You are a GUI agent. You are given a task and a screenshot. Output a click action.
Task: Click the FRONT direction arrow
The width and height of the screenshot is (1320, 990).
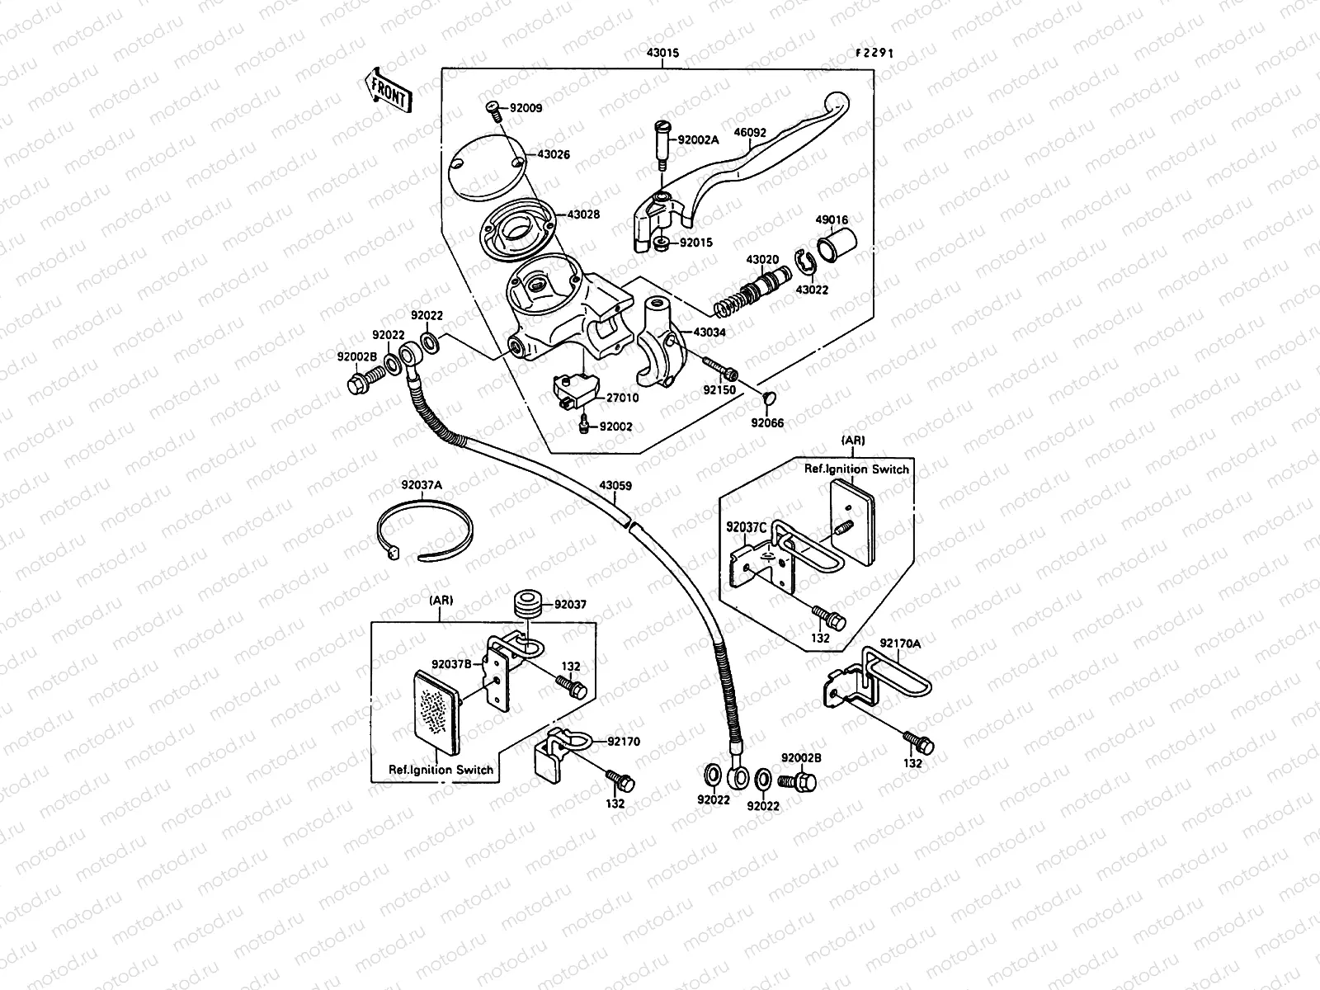(386, 89)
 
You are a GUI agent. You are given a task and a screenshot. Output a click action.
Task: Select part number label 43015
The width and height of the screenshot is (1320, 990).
(662, 53)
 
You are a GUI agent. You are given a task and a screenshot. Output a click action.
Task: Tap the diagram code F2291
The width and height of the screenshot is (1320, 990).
(874, 53)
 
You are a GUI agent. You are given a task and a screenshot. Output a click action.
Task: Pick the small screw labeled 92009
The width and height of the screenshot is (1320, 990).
(492, 107)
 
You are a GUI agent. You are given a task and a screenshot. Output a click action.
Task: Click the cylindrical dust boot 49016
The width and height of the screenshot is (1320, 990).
(836, 243)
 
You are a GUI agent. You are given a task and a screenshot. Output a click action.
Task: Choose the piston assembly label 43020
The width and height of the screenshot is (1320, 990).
(762, 259)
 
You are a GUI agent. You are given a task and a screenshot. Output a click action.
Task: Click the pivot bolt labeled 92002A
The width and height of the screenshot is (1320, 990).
(661, 142)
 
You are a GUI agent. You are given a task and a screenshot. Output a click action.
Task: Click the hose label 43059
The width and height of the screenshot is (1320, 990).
(615, 486)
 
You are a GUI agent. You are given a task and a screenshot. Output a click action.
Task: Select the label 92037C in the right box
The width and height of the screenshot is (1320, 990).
(747, 525)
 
